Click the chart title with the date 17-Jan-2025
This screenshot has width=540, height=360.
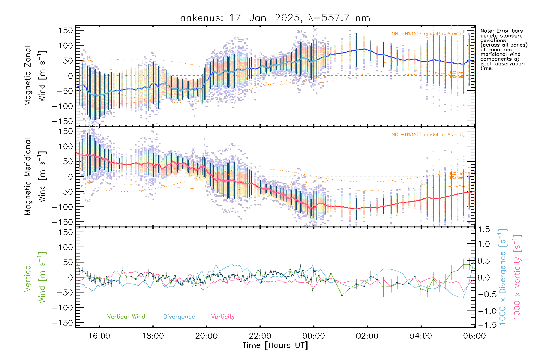pyautogui.click(x=275, y=18)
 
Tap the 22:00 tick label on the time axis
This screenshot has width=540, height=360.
pyautogui.click(x=260, y=336)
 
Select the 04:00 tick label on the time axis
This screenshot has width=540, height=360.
pyautogui.click(x=421, y=336)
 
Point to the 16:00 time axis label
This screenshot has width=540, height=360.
pyautogui.click(x=99, y=336)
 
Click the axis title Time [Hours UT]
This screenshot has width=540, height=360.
pyautogui.click(x=275, y=345)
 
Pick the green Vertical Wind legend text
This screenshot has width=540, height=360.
pyautogui.click(x=126, y=317)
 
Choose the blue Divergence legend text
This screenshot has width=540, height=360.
pyautogui.click(x=179, y=317)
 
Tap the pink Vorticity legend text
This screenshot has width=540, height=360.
pyautogui.click(x=223, y=317)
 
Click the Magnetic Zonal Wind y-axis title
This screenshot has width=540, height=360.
pyautogui.click(x=35, y=76)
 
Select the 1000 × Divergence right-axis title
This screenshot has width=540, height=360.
pyautogui.click(x=503, y=277)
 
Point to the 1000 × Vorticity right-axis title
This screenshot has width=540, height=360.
pyautogui.click(x=517, y=277)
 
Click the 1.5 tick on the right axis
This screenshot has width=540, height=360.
pyautogui.click(x=484, y=229)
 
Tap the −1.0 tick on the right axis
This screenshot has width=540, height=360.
pyautogui.click(x=484, y=311)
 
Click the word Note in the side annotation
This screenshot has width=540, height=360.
pyautogui.click(x=486, y=31)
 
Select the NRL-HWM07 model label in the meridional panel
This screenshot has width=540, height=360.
pyautogui.click(x=427, y=135)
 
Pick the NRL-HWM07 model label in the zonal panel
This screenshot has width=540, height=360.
pyautogui.click(x=427, y=34)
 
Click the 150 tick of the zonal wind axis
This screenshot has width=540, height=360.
pyautogui.click(x=66, y=30)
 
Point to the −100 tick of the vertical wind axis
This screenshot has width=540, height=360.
pyautogui.click(x=62, y=307)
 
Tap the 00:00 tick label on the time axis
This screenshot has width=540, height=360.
pyautogui.click(x=313, y=336)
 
